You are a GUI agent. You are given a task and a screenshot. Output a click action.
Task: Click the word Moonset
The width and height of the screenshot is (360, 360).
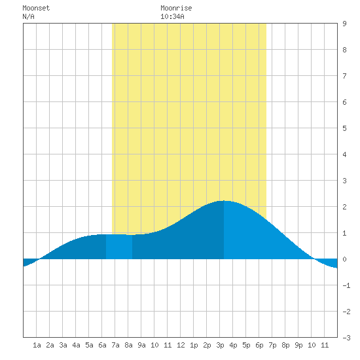tap(36, 8)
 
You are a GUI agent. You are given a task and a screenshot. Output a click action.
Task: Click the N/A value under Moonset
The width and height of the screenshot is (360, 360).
tap(28, 16)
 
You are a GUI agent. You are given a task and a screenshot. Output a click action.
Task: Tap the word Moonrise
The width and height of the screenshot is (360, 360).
tap(176, 8)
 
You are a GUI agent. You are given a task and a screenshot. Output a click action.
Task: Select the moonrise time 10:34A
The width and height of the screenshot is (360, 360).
tap(172, 16)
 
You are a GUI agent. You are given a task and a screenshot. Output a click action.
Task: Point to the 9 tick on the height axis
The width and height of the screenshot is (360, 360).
tap(344, 24)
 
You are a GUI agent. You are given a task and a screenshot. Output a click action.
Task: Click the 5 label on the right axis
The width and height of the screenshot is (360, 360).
tap(344, 128)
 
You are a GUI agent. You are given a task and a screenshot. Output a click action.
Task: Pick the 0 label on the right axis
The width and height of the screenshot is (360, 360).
tap(344, 259)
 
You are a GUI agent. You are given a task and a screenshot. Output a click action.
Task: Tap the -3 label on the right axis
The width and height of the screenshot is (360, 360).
tap(346, 338)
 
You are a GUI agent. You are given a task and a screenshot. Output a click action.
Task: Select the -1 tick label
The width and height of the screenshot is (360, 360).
tap(346, 285)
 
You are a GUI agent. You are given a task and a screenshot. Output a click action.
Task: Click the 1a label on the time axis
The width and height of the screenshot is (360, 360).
tap(37, 345)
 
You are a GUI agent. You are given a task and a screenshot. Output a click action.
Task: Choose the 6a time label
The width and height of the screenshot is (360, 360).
tap(102, 345)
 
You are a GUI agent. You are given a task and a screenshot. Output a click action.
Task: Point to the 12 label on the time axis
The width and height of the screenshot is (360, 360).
tap(181, 345)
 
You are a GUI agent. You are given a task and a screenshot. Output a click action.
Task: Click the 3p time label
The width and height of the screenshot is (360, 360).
tap(220, 345)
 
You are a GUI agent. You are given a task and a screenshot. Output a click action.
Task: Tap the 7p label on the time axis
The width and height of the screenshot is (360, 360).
tap(272, 345)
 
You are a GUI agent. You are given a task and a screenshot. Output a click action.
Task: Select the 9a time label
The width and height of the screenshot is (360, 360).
tap(141, 345)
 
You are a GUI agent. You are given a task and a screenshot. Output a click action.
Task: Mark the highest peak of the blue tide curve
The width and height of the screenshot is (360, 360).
tap(224, 201)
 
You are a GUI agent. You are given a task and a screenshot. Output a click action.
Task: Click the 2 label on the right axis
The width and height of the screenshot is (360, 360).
tap(344, 207)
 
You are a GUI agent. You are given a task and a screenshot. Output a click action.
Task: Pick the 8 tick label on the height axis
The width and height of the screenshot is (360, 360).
tap(344, 50)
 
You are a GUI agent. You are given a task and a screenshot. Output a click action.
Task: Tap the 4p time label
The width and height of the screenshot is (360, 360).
tap(233, 345)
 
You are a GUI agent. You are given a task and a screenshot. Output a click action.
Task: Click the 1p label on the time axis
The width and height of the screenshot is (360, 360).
tap(194, 345)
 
